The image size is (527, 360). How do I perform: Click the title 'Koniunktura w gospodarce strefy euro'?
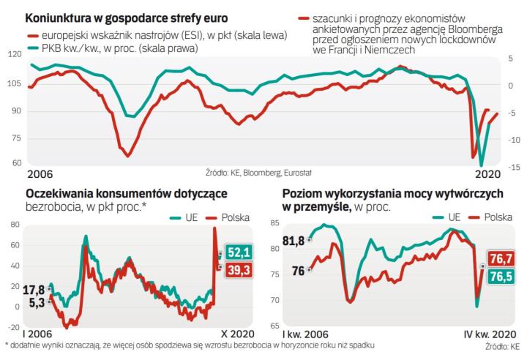(126, 17)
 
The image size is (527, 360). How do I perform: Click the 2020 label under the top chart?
(487, 174)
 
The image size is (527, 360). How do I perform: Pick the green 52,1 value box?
(239, 252)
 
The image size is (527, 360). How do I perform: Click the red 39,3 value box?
(239, 271)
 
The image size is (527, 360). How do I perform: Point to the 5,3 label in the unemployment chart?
(36, 301)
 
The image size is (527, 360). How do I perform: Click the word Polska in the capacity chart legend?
(498, 217)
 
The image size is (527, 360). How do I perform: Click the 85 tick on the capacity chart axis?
(276, 223)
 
